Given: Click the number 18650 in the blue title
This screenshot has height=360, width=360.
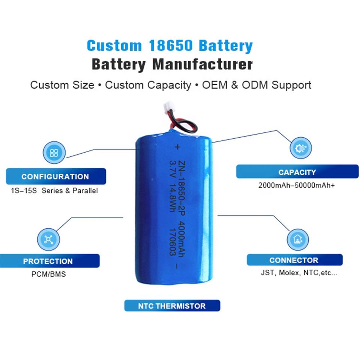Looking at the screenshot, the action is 170,45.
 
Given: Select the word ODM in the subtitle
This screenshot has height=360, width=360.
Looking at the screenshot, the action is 255,85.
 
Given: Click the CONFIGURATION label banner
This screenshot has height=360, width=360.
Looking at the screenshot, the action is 56,176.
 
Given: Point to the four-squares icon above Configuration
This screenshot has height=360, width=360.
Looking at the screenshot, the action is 54,153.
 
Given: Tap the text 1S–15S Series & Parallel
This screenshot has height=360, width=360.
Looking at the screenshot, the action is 54,190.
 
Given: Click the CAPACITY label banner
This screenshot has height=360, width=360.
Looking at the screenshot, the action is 297,172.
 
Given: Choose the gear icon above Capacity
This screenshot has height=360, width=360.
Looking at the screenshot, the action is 300,148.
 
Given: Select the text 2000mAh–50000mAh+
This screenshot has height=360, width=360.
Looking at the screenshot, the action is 296,185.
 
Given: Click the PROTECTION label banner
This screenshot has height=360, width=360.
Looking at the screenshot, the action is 49,261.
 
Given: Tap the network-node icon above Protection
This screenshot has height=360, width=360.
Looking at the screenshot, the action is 48,240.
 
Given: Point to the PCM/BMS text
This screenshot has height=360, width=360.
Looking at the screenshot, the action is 49,274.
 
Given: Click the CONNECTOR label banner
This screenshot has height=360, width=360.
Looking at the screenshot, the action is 295,260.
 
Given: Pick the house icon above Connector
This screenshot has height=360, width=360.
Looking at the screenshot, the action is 298,240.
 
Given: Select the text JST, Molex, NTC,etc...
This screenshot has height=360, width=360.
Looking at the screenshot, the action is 299,273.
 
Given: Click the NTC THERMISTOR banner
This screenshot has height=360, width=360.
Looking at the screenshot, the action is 172,306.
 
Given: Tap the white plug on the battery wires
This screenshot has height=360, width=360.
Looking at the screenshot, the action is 168,106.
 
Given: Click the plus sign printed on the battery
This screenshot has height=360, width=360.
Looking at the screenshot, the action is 177,147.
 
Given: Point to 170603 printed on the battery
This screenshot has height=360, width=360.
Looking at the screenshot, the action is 172,242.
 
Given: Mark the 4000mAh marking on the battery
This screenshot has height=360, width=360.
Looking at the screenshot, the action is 181,239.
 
